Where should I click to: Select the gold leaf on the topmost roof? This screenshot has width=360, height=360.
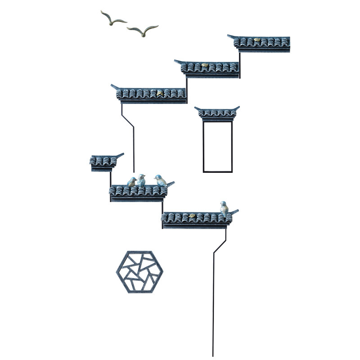pos(257,40)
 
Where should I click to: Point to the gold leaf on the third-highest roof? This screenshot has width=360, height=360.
pos(159,93)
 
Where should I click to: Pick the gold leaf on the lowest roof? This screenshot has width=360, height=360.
pos(192,216)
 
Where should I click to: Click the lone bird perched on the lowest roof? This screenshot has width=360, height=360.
pos(224,207)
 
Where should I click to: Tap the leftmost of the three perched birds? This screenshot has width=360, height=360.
pos(131,182)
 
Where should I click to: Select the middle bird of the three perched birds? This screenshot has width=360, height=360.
pos(141,180)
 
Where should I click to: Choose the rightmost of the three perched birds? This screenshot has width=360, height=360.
pos(160,180)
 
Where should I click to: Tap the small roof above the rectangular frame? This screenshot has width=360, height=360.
pos(217,112)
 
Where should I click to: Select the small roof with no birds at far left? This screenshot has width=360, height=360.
pos(103,161)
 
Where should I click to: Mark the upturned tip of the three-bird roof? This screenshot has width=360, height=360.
pos(171,183)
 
